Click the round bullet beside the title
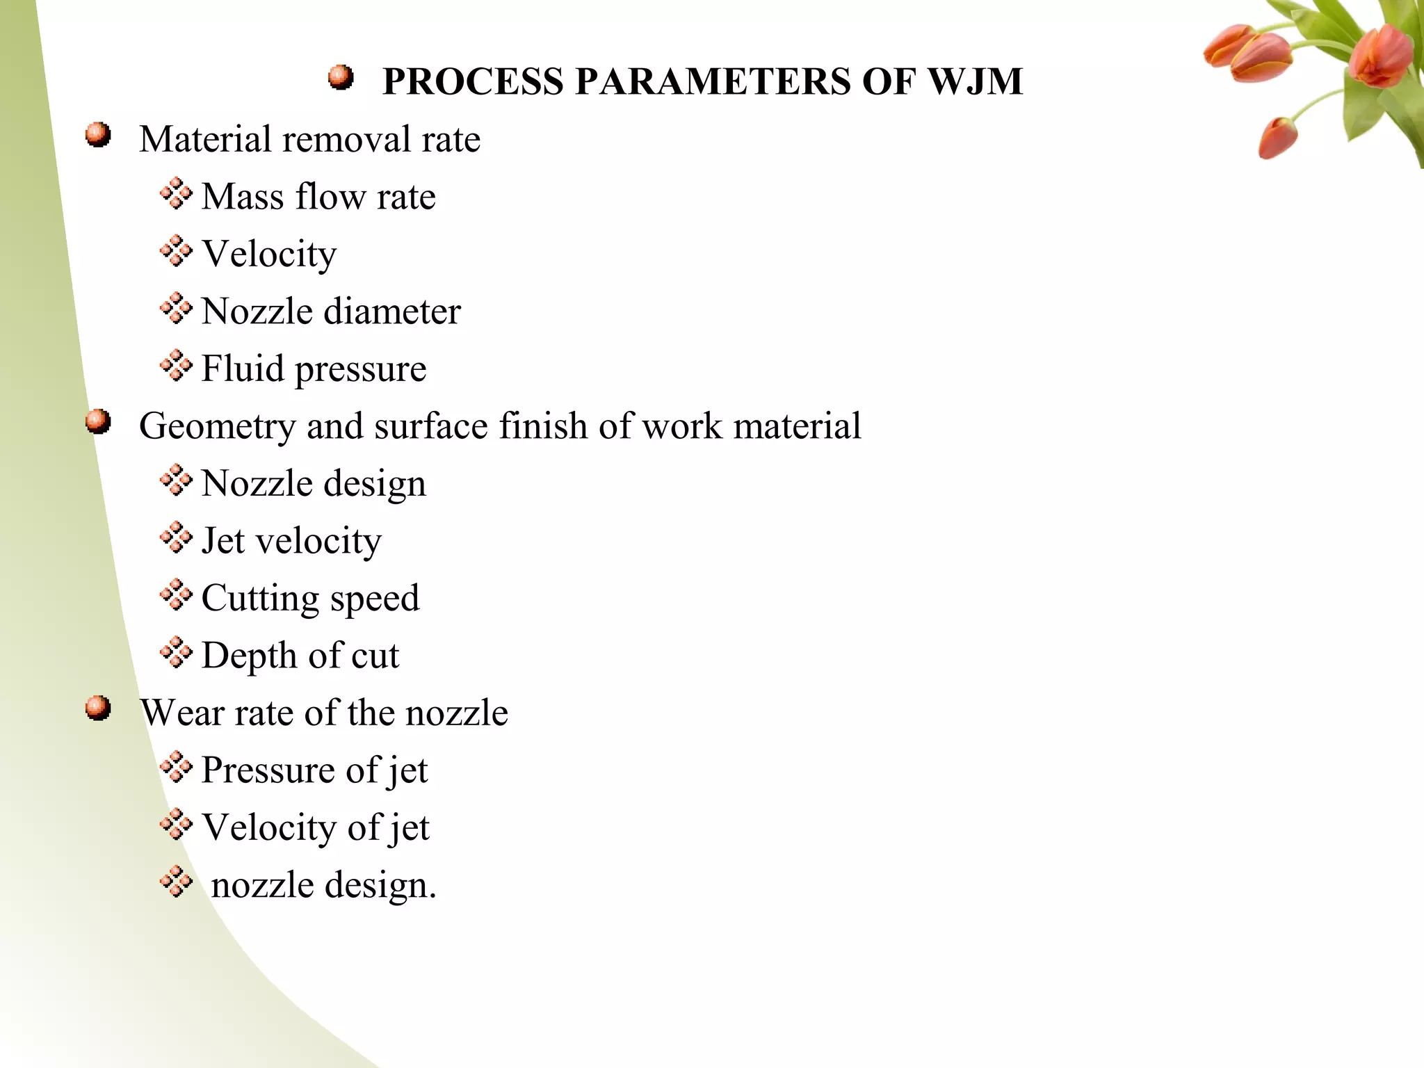(x=341, y=77)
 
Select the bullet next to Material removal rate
(x=98, y=135)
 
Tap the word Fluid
(x=243, y=368)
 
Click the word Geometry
(x=217, y=426)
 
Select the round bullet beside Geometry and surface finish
(x=98, y=421)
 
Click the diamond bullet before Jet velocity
(x=176, y=537)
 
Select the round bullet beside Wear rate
(x=98, y=709)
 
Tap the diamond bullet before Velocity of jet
(x=176, y=825)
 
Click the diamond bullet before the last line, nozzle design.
(x=176, y=882)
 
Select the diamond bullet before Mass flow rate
(x=176, y=193)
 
